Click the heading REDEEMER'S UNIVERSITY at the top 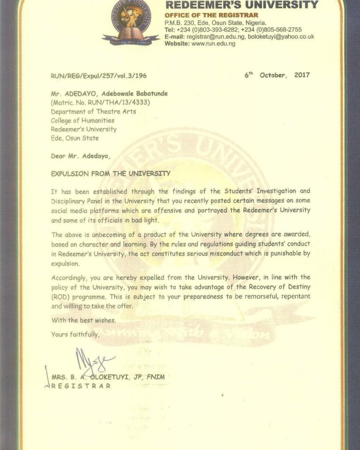pyautogui.click(x=241, y=5)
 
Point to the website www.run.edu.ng pyautogui.click(x=213, y=44)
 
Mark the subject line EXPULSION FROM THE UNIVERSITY pyautogui.click(x=111, y=173)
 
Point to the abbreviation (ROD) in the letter pyautogui.click(x=60, y=297)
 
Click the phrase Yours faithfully pyautogui.click(x=75, y=334)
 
